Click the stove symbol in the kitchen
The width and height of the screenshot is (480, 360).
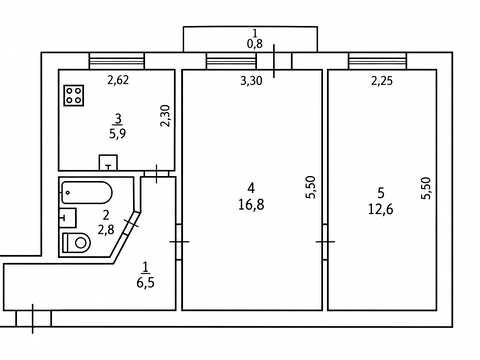click(x=74, y=96)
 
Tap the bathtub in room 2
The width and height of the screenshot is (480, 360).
click(x=86, y=192)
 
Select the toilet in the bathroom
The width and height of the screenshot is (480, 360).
click(x=77, y=242)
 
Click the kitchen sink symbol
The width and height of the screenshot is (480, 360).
click(x=108, y=163)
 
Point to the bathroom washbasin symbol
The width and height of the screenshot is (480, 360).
click(x=68, y=218)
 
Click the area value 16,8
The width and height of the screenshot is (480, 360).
click(x=251, y=205)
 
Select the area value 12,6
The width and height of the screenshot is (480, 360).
click(x=380, y=209)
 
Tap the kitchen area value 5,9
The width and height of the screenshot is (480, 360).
click(x=118, y=134)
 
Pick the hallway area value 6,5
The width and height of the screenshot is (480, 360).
click(x=145, y=283)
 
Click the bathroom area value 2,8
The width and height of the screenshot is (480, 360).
click(x=106, y=229)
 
